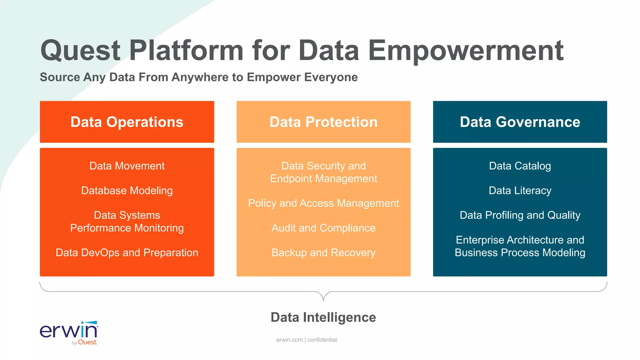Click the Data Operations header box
tap(127, 122)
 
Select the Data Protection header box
tap(323, 122)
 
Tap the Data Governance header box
tap(520, 122)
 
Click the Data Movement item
tap(127, 166)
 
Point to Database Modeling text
tap(127, 191)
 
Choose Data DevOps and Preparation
tap(127, 252)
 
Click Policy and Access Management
tap(323, 203)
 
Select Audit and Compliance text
tap(323, 228)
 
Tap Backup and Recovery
tap(323, 252)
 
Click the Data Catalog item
tap(520, 166)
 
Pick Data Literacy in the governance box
tap(520, 191)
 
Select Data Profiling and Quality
tap(520, 215)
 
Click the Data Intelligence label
tap(323, 317)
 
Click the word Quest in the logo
tap(87, 342)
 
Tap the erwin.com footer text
tap(289, 340)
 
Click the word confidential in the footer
tap(322, 340)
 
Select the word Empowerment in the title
tap(466, 51)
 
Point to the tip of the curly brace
tap(323, 301)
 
